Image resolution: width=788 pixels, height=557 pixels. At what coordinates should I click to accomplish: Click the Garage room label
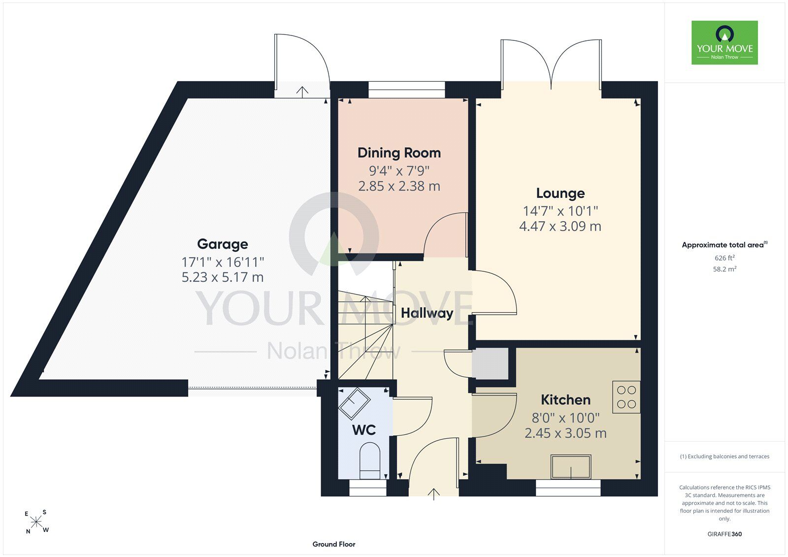[x=222, y=244]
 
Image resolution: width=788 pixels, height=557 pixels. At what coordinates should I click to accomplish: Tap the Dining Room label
[x=399, y=153]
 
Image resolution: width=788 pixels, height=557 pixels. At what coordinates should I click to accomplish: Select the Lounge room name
[x=560, y=193]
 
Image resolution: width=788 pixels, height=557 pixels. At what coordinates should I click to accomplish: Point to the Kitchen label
[x=566, y=400]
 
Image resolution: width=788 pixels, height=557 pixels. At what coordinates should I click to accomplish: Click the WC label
[x=364, y=430]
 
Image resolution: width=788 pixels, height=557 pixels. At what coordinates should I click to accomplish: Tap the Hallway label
[x=427, y=313]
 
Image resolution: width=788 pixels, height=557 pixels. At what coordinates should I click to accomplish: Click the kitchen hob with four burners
[x=626, y=397]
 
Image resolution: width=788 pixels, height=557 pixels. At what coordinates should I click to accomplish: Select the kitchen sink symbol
[x=571, y=467]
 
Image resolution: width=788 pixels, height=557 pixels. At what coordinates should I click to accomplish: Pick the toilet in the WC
[x=370, y=460]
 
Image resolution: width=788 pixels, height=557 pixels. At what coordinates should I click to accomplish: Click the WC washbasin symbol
[x=354, y=403]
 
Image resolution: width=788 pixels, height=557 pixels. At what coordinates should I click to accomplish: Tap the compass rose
[x=36, y=522]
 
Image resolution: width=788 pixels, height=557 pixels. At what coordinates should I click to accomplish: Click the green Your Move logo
[x=724, y=42]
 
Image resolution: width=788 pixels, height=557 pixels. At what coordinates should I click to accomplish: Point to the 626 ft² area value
[x=724, y=258]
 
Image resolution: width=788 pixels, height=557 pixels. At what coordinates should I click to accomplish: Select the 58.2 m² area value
[x=724, y=269]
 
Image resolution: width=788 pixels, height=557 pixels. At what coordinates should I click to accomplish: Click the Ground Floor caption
[x=334, y=544]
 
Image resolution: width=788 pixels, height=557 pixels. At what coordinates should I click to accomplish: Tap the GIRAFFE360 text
[x=724, y=534]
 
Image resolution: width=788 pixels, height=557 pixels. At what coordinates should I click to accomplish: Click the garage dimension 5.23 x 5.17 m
[x=222, y=277]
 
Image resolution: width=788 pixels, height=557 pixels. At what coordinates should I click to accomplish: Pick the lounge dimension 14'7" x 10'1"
[x=560, y=211]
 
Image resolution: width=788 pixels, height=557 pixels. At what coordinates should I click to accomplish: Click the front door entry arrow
[x=434, y=494]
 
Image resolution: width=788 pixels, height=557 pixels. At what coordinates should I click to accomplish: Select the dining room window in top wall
[x=407, y=90]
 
